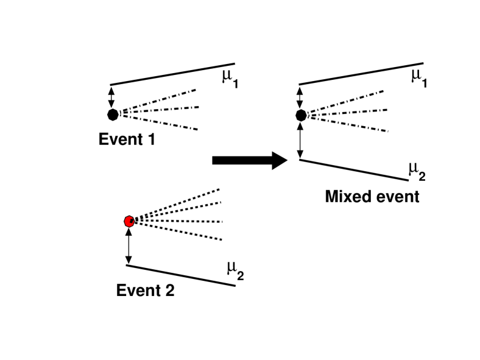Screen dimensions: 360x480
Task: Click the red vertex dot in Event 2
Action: click(129, 221)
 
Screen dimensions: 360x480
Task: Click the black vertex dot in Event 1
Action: click(112, 114)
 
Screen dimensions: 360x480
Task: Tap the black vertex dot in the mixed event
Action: click(300, 115)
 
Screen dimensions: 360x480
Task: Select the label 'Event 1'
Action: click(127, 139)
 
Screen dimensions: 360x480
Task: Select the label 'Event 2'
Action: click(145, 291)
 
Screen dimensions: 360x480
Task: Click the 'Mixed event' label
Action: click(372, 197)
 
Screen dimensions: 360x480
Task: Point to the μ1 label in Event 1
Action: click(228, 78)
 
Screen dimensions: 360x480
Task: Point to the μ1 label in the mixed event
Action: click(417, 77)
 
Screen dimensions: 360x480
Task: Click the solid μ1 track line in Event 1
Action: click(172, 74)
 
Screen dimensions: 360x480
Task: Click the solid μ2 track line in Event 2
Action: click(180, 275)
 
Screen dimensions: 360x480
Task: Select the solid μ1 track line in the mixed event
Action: click(361, 74)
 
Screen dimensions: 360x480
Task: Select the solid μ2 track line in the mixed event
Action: click(353, 170)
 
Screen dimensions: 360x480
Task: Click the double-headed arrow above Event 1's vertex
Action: click(111, 97)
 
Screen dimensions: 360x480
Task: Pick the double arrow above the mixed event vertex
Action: click(300, 97)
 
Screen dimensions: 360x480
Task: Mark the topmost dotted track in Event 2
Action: click(177, 203)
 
